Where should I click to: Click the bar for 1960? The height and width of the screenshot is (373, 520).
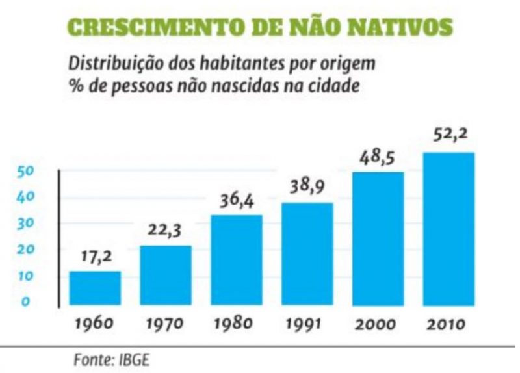[95, 288]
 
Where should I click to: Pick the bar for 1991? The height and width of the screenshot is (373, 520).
[307, 254]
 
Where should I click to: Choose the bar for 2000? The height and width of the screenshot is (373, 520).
[378, 238]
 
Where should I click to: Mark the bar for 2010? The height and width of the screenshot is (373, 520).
[448, 229]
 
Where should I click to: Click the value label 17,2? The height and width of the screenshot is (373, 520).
[96, 257]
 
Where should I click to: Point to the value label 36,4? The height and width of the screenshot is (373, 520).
[237, 201]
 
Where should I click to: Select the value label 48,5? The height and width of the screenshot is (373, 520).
[378, 159]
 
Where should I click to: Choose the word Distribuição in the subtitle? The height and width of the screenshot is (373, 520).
[109, 66]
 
